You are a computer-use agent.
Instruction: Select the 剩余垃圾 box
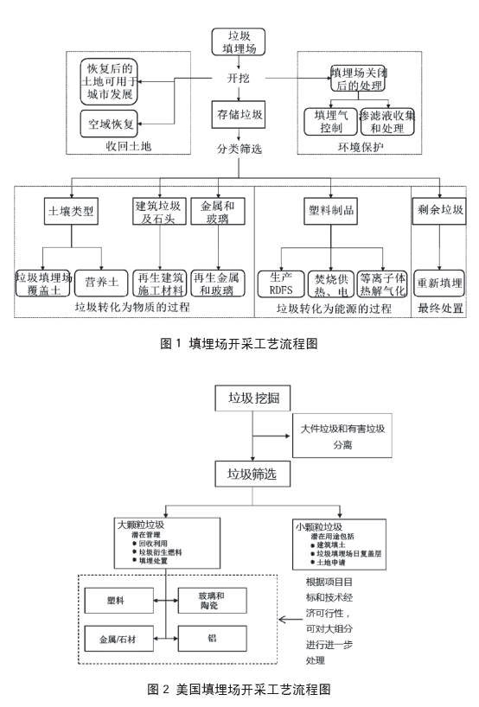pyautogui.click(x=439, y=209)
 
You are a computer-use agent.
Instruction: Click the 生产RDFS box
pyautogui.click(x=282, y=282)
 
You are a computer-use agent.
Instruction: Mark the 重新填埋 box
pyautogui.click(x=439, y=282)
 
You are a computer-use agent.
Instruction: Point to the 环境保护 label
pyautogui.click(x=356, y=147)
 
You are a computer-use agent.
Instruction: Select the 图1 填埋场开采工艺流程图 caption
pyautogui.click(x=239, y=343)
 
